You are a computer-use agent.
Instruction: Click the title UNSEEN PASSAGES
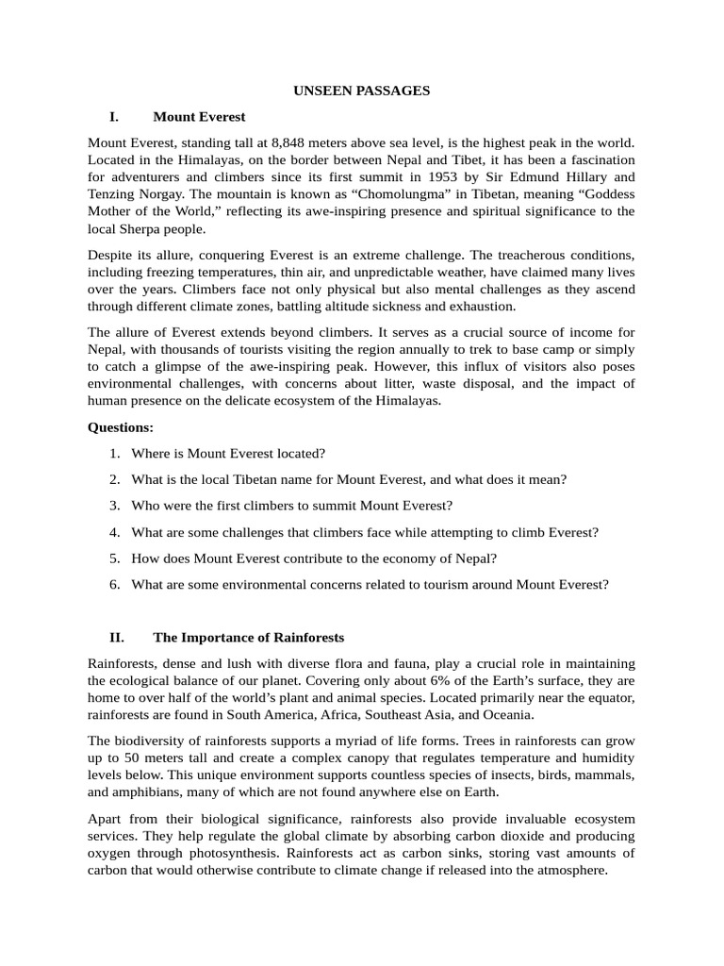tap(362, 91)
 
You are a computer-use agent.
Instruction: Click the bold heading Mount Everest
tap(199, 117)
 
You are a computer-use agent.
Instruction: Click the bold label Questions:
tap(121, 427)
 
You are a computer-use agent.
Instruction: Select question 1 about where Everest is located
tap(228, 454)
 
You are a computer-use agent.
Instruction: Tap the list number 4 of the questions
tap(114, 532)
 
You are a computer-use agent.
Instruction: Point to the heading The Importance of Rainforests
tap(249, 637)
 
